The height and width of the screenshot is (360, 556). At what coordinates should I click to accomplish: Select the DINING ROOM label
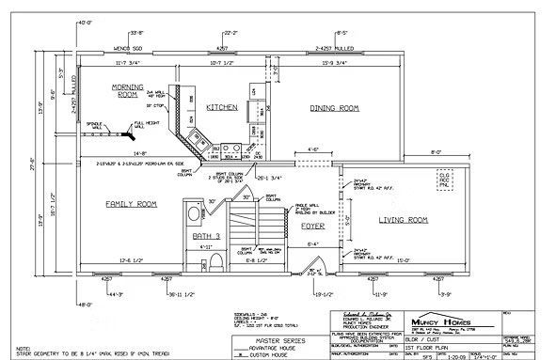[x=334, y=108]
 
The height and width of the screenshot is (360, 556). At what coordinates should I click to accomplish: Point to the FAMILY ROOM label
[x=130, y=203]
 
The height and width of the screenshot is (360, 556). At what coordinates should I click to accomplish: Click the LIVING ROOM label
[x=403, y=220]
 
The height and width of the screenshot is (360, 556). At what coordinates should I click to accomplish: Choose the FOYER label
[x=312, y=225]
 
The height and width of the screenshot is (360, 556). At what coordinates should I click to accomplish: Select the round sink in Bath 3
[x=194, y=213]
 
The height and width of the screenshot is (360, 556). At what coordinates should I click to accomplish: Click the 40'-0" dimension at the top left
[x=87, y=21]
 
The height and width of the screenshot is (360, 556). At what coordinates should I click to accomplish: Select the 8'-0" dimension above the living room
[x=436, y=151]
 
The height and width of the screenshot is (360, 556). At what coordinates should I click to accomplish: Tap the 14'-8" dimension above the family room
[x=139, y=152]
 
